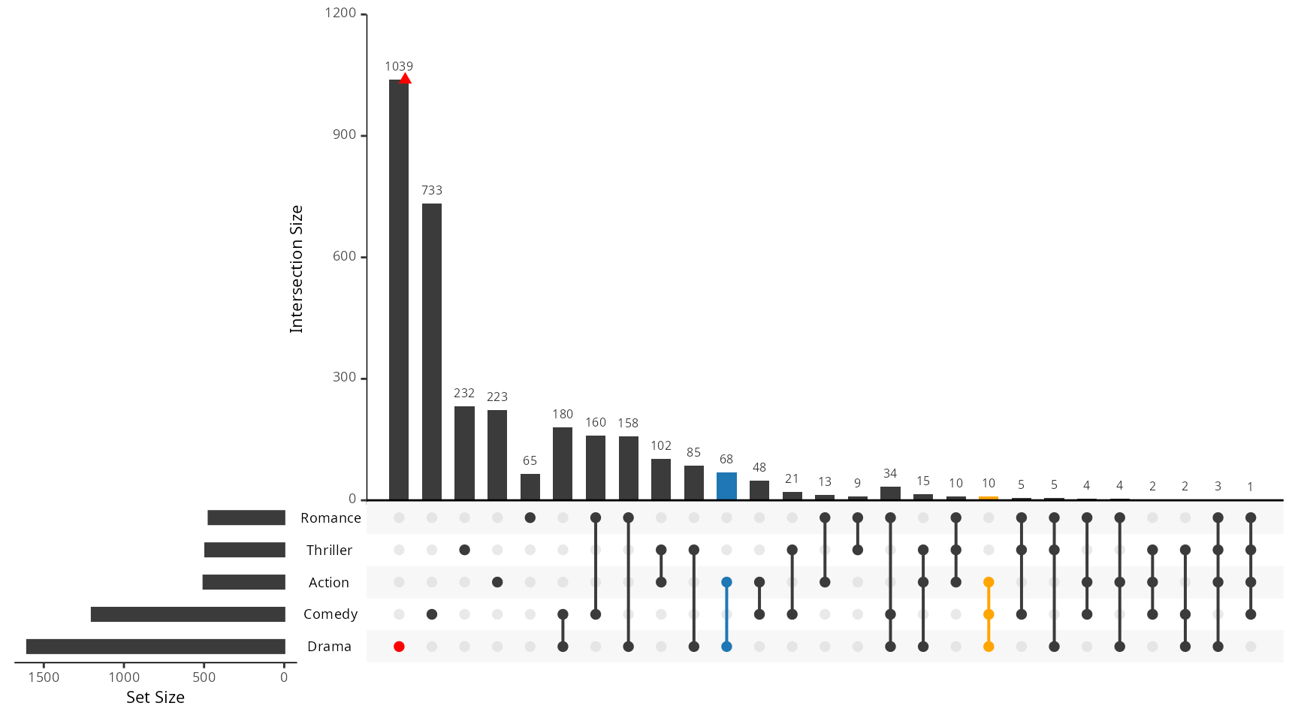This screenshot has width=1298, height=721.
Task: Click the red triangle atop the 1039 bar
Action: click(x=405, y=79)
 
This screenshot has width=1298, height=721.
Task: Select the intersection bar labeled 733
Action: click(x=432, y=351)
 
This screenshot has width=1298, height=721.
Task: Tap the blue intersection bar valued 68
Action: click(x=726, y=486)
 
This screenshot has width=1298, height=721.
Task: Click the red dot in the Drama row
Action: click(x=399, y=647)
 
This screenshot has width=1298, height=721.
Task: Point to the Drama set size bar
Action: click(x=155, y=647)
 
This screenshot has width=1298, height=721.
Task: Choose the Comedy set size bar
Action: click(x=188, y=614)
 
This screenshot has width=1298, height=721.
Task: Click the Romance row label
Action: click(x=331, y=518)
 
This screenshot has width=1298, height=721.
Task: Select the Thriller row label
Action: click(x=329, y=551)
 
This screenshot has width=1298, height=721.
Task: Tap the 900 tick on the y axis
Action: click(x=344, y=135)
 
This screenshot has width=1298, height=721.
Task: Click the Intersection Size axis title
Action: click(x=297, y=269)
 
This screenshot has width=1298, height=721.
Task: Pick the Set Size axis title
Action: click(x=155, y=698)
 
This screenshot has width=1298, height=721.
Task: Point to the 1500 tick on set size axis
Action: click(x=44, y=677)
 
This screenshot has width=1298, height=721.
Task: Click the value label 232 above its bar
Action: click(x=464, y=394)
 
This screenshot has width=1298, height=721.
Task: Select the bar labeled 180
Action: click(x=563, y=463)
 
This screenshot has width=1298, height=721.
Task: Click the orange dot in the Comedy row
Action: click(x=989, y=614)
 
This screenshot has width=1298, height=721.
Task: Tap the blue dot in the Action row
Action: click(x=726, y=582)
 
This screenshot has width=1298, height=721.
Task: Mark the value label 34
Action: click(x=890, y=474)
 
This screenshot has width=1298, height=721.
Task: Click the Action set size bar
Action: click(x=244, y=582)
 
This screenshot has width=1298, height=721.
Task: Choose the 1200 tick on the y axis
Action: click(x=340, y=14)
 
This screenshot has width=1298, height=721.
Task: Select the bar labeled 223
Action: click(x=497, y=454)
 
